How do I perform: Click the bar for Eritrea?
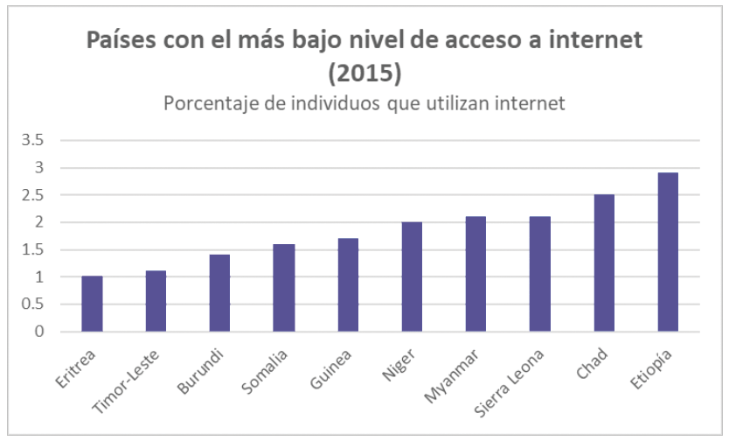(x=92, y=304)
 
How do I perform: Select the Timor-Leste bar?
(x=156, y=301)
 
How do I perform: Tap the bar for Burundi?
(x=219, y=293)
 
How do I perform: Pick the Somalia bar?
(x=283, y=288)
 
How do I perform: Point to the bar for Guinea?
(x=348, y=284)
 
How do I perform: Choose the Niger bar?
(x=412, y=276)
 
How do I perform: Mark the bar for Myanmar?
(x=476, y=274)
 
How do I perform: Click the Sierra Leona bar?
(x=540, y=274)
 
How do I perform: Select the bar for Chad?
(x=604, y=262)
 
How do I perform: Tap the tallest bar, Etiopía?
(x=668, y=252)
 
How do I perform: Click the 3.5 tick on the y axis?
(x=32, y=140)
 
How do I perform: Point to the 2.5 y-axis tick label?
(x=32, y=195)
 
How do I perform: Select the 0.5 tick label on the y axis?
(x=32, y=304)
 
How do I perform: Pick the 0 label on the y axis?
(x=39, y=332)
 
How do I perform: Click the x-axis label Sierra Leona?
(x=509, y=383)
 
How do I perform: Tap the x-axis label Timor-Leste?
(x=126, y=381)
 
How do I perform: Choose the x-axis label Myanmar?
(x=451, y=376)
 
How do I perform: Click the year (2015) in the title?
(x=364, y=73)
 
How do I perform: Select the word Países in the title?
(x=121, y=39)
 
